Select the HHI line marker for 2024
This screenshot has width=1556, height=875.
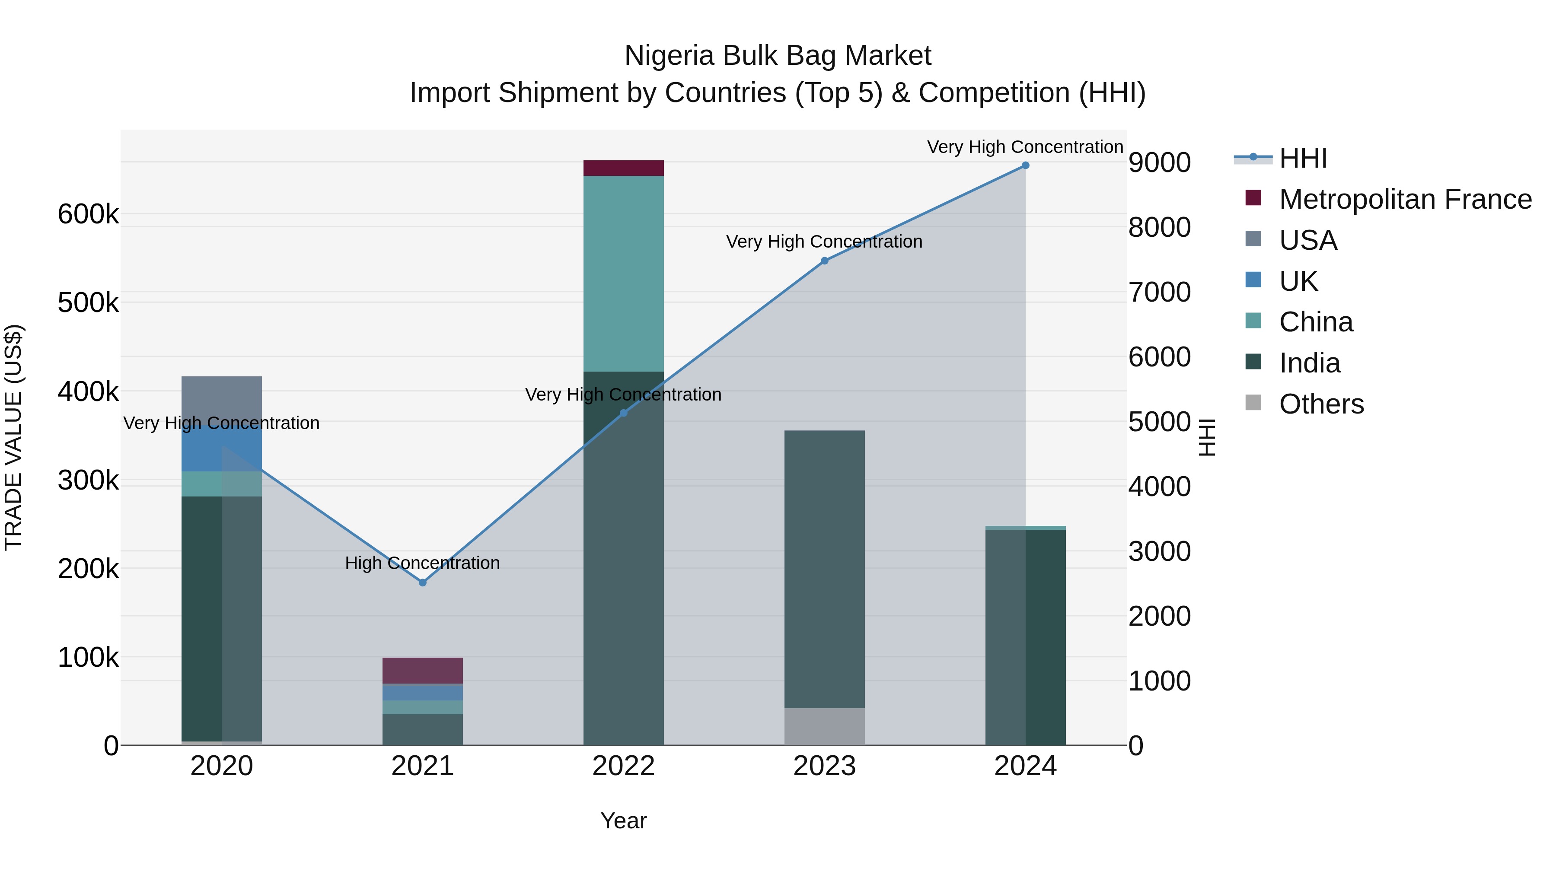click(x=1025, y=165)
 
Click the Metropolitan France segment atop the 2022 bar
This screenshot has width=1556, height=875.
click(x=623, y=168)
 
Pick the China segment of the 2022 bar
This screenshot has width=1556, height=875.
click(x=623, y=273)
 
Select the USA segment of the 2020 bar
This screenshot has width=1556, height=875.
click(x=222, y=398)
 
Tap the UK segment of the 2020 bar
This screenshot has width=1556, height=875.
click(x=222, y=450)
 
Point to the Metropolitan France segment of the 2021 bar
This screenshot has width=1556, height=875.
click(x=423, y=670)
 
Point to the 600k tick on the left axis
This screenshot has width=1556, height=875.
click(x=88, y=214)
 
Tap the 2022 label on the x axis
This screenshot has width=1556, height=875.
click(x=623, y=766)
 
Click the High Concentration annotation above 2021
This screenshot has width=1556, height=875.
click(x=422, y=563)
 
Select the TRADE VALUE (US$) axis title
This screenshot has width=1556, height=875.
click(x=13, y=437)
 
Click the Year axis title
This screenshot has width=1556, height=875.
click(x=623, y=821)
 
